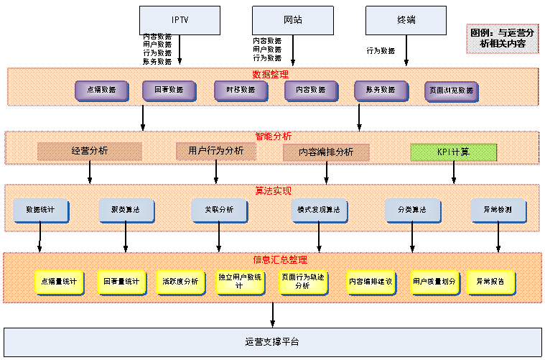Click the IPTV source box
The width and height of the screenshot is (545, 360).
(x=180, y=19)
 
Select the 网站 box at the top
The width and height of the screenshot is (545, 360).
(x=293, y=19)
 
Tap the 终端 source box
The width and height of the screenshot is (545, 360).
(x=406, y=19)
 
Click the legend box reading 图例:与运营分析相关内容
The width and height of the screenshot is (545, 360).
(x=503, y=38)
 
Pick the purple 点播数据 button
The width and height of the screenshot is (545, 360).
(x=102, y=91)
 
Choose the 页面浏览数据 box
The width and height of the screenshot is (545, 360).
(x=452, y=91)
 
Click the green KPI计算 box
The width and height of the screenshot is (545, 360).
(x=453, y=152)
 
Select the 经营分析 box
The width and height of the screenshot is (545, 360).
(x=90, y=152)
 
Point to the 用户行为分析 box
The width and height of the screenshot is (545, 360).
(x=215, y=151)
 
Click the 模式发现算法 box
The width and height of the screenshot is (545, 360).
(x=320, y=210)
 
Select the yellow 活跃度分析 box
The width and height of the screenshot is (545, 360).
(x=180, y=282)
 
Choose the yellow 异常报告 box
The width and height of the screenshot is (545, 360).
(x=491, y=282)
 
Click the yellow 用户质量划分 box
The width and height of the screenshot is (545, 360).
(x=434, y=282)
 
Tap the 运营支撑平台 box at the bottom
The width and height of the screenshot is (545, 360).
(x=272, y=341)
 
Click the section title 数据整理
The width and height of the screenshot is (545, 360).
(x=270, y=74)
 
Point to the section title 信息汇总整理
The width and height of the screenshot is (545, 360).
(x=272, y=259)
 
